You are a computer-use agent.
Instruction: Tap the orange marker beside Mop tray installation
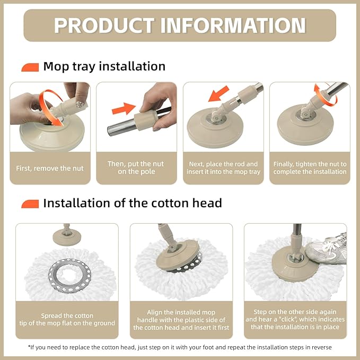(x=30, y=67)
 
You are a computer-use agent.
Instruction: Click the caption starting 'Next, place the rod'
(x=223, y=168)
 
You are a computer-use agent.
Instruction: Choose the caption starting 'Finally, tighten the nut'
(x=310, y=168)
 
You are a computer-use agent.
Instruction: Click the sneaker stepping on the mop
(x=327, y=249)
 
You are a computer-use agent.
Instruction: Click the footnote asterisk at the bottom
(x=30, y=347)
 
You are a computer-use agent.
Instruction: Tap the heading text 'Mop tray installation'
(x=104, y=67)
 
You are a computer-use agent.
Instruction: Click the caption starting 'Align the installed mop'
(x=179, y=320)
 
